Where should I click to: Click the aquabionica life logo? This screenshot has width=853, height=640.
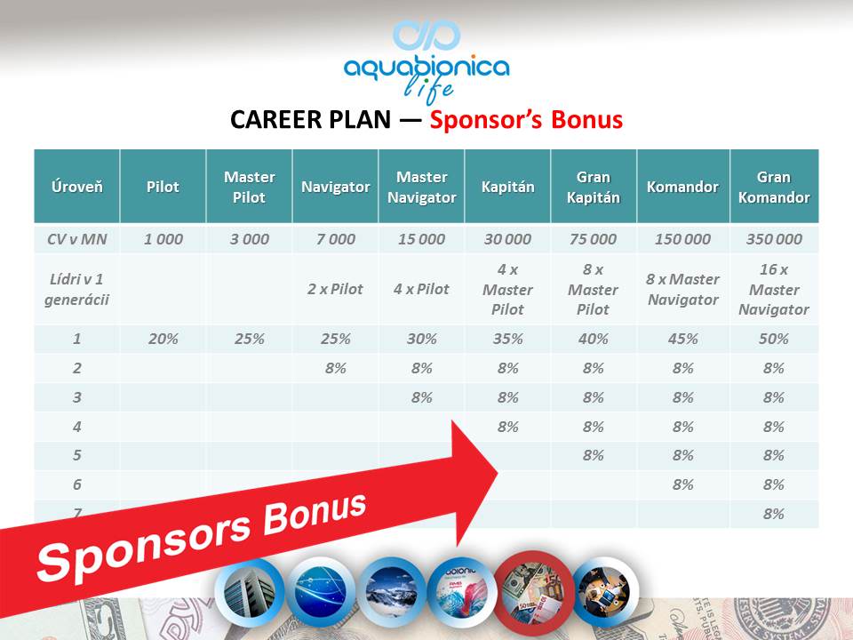pyautogui.click(x=426, y=61)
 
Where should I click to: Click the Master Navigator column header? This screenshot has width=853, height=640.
pyautogui.click(x=421, y=187)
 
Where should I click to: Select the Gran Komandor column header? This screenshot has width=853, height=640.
pyautogui.click(x=774, y=187)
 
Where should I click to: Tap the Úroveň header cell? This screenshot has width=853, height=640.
pyautogui.click(x=76, y=187)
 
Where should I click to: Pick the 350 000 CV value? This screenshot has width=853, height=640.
pyautogui.click(x=774, y=239)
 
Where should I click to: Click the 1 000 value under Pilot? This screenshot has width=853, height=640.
pyautogui.click(x=163, y=239)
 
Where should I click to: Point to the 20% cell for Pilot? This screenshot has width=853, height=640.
pyautogui.click(x=163, y=339)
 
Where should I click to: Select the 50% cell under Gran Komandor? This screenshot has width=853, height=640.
pyautogui.click(x=774, y=339)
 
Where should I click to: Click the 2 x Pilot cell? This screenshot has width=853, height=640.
pyautogui.click(x=335, y=289)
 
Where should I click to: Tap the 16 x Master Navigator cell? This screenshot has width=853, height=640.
pyautogui.click(x=774, y=289)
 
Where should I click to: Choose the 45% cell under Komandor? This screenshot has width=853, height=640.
pyautogui.click(x=682, y=339)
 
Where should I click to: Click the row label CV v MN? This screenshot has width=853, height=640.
pyautogui.click(x=76, y=239)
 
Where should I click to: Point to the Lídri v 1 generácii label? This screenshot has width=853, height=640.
pyautogui.click(x=76, y=289)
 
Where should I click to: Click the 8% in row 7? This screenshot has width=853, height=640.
pyautogui.click(x=774, y=514)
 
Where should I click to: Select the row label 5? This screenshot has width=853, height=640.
pyautogui.click(x=76, y=455)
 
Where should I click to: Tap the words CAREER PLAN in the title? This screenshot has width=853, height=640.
pyautogui.click(x=310, y=120)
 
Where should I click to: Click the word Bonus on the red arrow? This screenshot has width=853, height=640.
pyautogui.click(x=315, y=513)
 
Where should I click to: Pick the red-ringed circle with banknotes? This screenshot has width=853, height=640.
pyautogui.click(x=533, y=593)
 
